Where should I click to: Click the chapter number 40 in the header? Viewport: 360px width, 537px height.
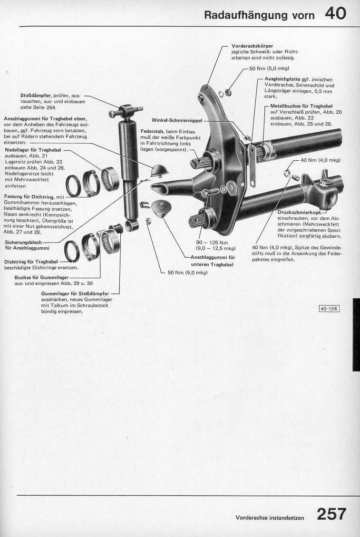tap(335, 14)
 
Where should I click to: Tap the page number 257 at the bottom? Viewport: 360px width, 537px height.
tap(331, 514)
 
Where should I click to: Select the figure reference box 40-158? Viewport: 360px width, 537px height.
tap(329, 309)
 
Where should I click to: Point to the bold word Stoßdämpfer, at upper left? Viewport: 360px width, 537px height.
tap(36, 95)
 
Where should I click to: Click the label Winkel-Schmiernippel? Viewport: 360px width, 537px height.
tap(177, 120)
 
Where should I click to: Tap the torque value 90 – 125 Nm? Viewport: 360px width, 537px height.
tap(212, 243)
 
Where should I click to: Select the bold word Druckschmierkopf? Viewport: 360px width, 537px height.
tap(299, 212)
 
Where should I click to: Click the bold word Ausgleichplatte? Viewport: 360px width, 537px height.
tap(282, 79)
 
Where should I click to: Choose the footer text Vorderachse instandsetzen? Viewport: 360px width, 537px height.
tap(270, 517)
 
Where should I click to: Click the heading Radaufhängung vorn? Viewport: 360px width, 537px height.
tap(259, 15)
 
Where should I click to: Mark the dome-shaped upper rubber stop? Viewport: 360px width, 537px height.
tap(159, 170)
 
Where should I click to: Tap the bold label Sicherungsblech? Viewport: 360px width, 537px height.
tap(23, 243)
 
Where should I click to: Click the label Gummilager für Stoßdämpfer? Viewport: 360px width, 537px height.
tap(75, 293)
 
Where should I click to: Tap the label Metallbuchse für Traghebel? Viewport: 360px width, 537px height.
tap(302, 106)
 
